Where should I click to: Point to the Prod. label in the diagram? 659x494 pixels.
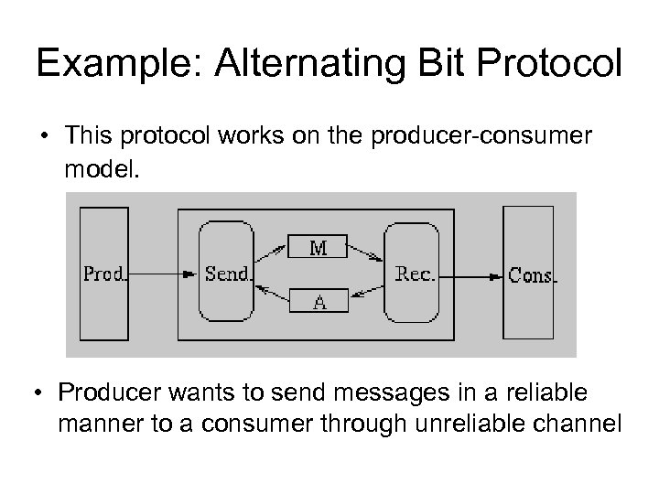(105, 273)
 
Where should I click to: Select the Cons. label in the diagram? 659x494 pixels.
(532, 274)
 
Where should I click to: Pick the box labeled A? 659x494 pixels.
(319, 300)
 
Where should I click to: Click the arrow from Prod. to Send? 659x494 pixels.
(164, 273)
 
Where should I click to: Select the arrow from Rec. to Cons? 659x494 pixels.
(473, 273)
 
